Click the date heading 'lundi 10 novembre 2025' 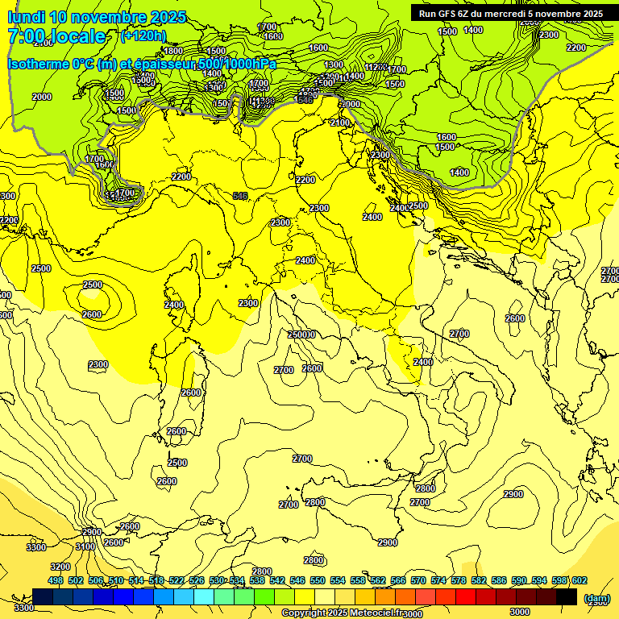point(97,17)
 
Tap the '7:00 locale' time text point(56,36)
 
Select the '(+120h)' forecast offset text point(143,35)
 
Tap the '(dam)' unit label point(596,598)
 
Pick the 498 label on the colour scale point(56,580)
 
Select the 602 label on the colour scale point(580,580)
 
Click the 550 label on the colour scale point(318,580)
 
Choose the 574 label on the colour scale point(438,580)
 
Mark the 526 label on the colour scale point(197,580)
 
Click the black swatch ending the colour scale point(567,596)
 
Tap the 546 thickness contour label point(240,196)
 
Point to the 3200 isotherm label point(60,567)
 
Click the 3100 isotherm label point(85,547)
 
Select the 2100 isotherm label point(341,123)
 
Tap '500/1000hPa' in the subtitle point(243,64)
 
